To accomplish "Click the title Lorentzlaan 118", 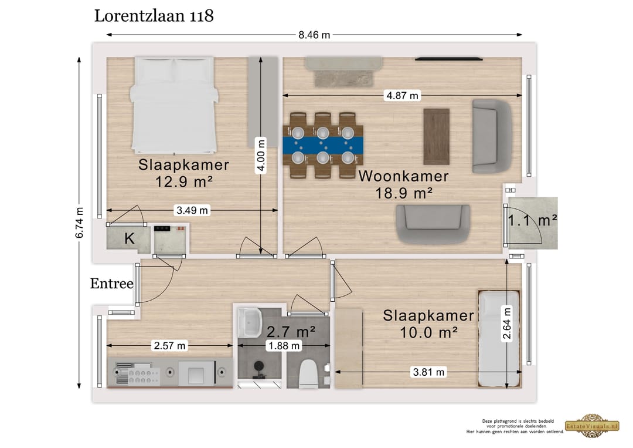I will [x=154, y=16].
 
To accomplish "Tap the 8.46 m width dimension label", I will [x=314, y=35].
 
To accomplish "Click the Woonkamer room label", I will [x=403, y=176].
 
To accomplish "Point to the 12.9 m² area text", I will [x=183, y=182].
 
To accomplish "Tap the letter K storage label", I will [x=130, y=239].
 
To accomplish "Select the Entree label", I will [x=111, y=284].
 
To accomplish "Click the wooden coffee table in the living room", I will [x=436, y=136].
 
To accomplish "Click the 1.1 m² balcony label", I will [x=532, y=221].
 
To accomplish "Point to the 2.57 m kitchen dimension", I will [x=169, y=346].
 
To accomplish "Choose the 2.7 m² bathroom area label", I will [x=291, y=332].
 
